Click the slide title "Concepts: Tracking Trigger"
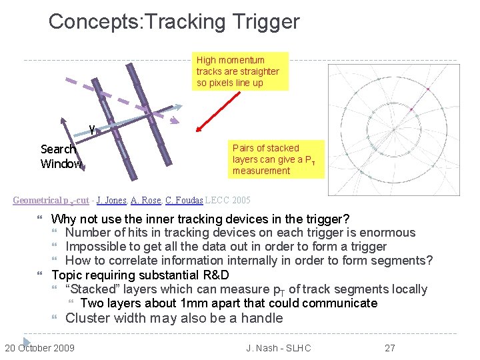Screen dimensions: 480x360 tap(174, 21)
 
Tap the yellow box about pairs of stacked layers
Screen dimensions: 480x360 tap(277, 159)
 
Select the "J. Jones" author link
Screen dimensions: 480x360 tap(111, 201)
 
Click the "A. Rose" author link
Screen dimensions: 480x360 tap(145, 201)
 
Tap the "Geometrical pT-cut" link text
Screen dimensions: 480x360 tap(51, 201)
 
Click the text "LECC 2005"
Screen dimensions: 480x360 tap(229, 201)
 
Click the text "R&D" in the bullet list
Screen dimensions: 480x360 tap(219, 275)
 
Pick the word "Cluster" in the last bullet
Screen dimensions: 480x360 tap(87, 318)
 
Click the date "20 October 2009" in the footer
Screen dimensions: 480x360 tap(39, 347)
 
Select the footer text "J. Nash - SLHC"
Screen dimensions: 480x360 tap(279, 347)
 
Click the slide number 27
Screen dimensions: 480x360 tap(391, 347)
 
